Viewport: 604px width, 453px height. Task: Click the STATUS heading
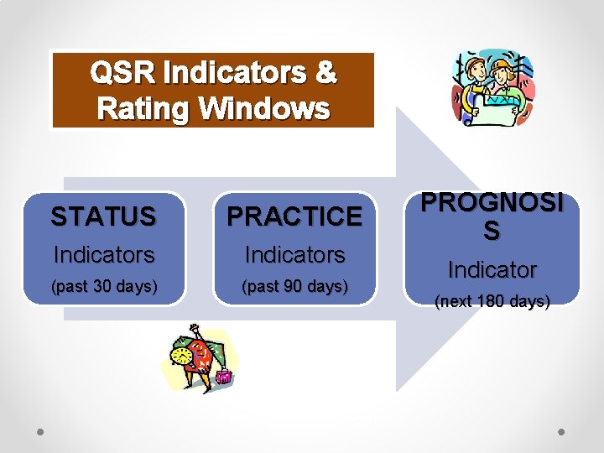click(x=103, y=217)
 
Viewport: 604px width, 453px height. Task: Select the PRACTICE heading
click(x=294, y=217)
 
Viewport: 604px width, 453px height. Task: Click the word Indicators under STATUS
click(x=104, y=254)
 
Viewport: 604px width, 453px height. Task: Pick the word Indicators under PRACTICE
click(x=294, y=254)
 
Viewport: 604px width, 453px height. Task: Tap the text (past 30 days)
click(x=104, y=286)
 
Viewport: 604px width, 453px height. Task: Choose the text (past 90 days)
click(x=294, y=286)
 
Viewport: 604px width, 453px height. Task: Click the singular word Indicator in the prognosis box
click(x=492, y=270)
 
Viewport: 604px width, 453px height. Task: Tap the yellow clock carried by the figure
click(x=180, y=356)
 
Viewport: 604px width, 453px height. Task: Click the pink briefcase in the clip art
click(x=223, y=377)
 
